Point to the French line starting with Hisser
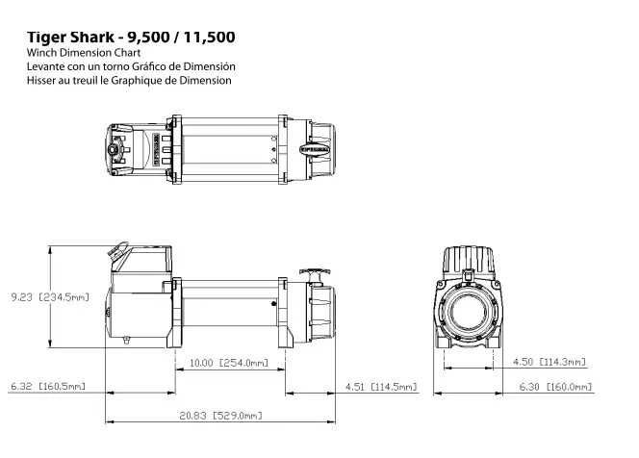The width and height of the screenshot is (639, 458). (129, 81)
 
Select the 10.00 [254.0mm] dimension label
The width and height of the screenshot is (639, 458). (229, 363)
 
